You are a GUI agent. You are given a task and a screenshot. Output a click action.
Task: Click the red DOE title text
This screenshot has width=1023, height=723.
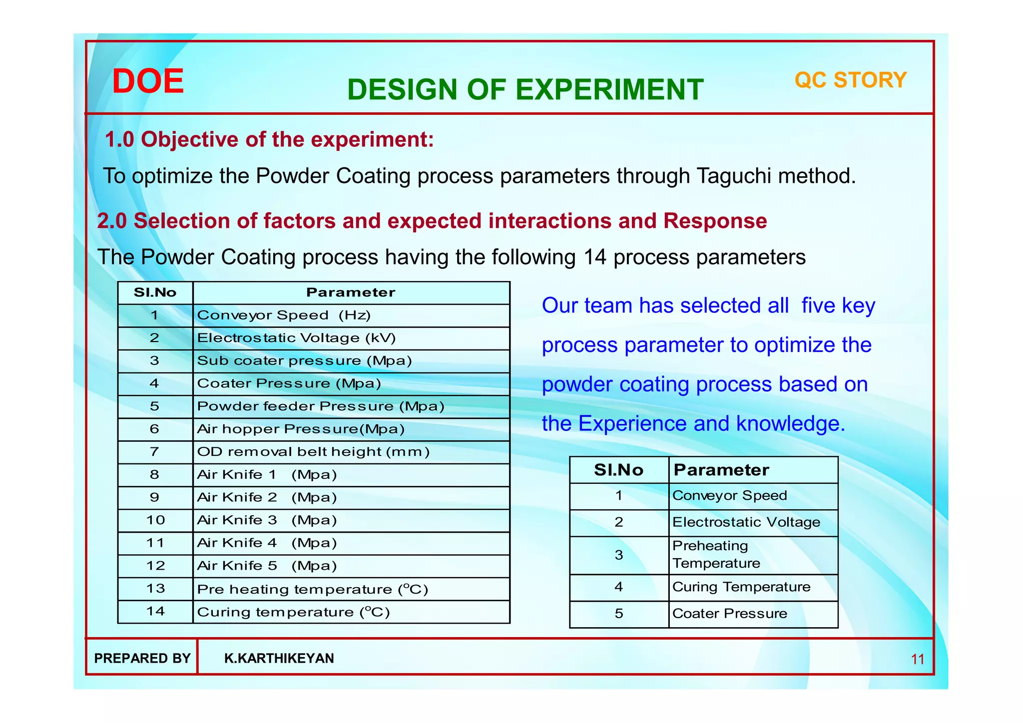(x=148, y=81)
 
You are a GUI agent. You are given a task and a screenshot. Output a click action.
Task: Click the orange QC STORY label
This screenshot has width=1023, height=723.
(x=850, y=80)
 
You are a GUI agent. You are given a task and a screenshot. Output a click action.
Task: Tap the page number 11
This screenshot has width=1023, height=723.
(x=918, y=660)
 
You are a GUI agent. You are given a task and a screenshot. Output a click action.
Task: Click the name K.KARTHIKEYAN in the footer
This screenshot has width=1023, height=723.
(x=279, y=659)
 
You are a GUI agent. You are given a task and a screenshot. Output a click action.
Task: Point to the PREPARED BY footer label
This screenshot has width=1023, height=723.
(x=142, y=659)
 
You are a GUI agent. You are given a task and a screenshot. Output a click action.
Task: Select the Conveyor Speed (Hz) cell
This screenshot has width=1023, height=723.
(x=284, y=316)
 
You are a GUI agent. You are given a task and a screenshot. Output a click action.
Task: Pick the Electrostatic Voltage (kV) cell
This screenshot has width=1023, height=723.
(x=296, y=338)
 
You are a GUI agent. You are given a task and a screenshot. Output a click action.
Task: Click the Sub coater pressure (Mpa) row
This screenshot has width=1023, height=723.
(x=304, y=361)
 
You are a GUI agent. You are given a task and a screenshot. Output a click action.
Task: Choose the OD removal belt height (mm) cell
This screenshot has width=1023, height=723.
(x=313, y=452)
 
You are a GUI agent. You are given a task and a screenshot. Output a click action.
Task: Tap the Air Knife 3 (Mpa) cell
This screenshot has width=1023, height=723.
(x=267, y=520)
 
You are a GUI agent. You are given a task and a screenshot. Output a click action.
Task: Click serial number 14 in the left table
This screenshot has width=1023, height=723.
(x=155, y=612)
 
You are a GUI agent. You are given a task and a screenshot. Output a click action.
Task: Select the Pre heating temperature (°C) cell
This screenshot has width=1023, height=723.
(x=313, y=590)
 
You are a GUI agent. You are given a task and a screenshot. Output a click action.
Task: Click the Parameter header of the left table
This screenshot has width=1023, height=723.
(x=351, y=293)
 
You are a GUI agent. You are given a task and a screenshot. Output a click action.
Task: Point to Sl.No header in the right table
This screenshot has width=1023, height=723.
(x=618, y=470)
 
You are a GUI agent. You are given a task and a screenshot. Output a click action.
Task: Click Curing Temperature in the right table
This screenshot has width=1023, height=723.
(x=741, y=587)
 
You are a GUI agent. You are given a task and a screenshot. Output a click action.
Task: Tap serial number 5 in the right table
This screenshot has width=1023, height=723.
(x=619, y=614)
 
